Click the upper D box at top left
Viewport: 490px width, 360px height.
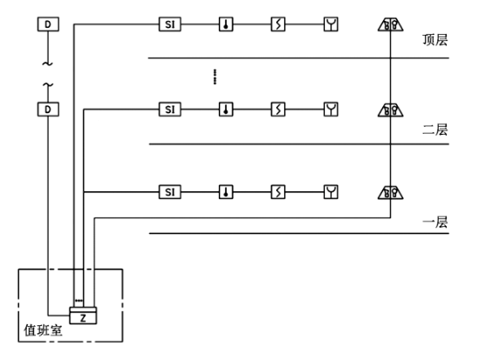(x=49, y=24)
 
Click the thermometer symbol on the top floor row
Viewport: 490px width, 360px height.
(x=226, y=24)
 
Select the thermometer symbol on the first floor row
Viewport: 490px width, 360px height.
(x=226, y=191)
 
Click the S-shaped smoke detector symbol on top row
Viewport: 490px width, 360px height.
(x=278, y=24)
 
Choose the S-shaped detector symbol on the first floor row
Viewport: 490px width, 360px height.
(x=278, y=191)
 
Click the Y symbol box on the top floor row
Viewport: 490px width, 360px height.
(x=330, y=24)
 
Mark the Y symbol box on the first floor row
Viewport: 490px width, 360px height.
(x=330, y=191)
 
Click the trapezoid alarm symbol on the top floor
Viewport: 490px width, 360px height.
(x=388, y=24)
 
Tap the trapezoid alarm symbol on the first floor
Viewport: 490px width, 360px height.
(x=388, y=191)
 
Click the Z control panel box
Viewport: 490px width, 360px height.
(x=83, y=317)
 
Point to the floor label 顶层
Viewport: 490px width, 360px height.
(x=434, y=40)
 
